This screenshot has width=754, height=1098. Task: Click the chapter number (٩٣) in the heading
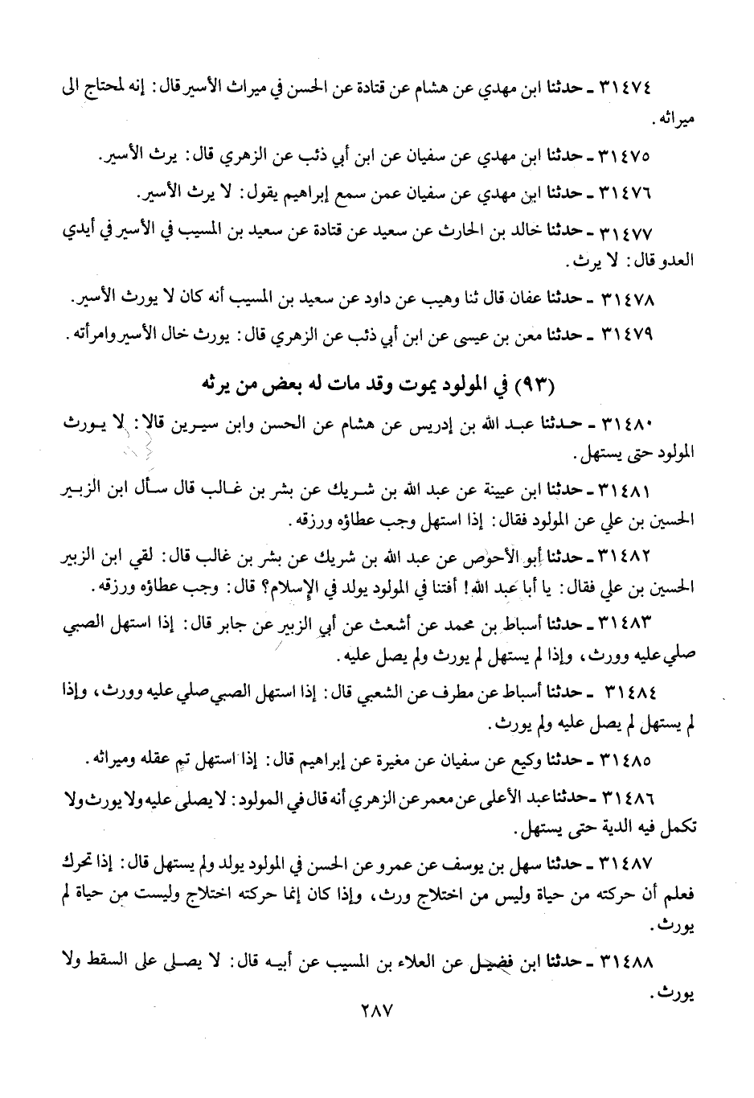pos(538,385)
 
